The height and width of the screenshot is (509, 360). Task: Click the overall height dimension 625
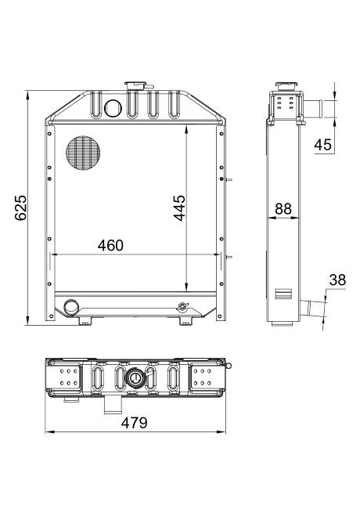click(21, 207)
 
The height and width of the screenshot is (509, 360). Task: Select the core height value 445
click(179, 208)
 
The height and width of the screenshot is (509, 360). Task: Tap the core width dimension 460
click(110, 245)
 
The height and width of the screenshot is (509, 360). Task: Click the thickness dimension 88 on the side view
click(283, 210)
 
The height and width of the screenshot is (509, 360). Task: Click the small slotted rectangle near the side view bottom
click(283, 295)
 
